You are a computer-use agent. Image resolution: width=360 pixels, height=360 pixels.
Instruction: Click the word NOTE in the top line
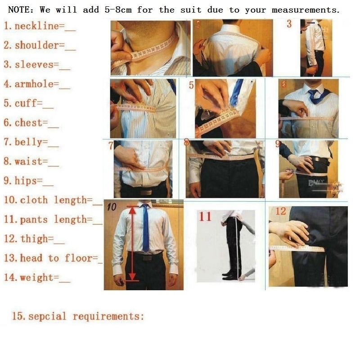pyautogui.click(x=20, y=9)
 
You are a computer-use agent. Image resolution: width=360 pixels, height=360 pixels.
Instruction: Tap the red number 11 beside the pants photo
pyautogui.click(x=205, y=217)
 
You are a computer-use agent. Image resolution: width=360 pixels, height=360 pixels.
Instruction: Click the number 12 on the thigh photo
pyautogui.click(x=281, y=211)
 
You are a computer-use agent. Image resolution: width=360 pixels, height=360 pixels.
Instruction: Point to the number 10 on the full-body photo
pyautogui.click(x=112, y=207)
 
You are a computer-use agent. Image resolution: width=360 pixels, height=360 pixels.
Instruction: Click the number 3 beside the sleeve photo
pyautogui.click(x=289, y=24)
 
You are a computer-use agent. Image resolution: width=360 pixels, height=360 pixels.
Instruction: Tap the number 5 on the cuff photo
pyautogui.click(x=191, y=85)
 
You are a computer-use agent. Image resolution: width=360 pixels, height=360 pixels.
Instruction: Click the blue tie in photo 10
pyautogui.click(x=145, y=227)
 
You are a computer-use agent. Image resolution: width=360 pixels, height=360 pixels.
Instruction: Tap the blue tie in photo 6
pyautogui.click(x=313, y=96)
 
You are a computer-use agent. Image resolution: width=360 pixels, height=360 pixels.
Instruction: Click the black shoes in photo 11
pyautogui.click(x=231, y=275)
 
